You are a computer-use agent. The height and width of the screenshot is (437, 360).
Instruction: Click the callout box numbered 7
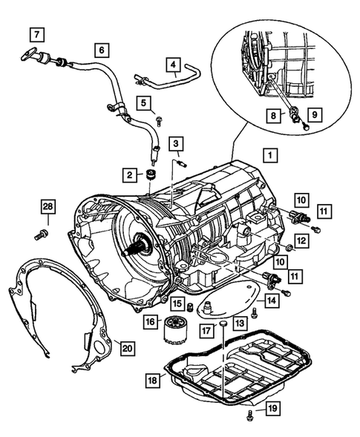37,35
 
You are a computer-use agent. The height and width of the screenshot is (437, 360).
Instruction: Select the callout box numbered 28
48,206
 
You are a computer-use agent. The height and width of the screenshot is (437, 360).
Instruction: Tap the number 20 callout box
128,348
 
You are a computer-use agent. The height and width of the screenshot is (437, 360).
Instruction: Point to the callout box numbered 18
152,380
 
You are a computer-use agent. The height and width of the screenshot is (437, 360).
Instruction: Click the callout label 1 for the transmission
270,155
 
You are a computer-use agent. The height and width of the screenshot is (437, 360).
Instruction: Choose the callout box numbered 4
174,65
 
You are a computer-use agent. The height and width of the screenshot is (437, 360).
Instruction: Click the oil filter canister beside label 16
174,329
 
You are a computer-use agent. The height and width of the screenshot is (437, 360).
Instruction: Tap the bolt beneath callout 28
42,234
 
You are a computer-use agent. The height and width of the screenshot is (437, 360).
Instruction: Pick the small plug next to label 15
191,306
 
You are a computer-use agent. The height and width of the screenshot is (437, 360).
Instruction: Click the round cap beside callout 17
223,323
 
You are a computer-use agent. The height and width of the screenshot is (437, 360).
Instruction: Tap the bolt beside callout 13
254,312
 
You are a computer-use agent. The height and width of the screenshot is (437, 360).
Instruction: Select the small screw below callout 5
160,121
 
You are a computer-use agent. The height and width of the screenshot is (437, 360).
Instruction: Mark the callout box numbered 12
301,240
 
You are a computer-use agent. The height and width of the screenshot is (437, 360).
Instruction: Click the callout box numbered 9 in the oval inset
315,114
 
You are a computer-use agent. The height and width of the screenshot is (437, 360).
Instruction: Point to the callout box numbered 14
272,300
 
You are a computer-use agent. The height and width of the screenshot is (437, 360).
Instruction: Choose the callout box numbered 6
102,50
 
